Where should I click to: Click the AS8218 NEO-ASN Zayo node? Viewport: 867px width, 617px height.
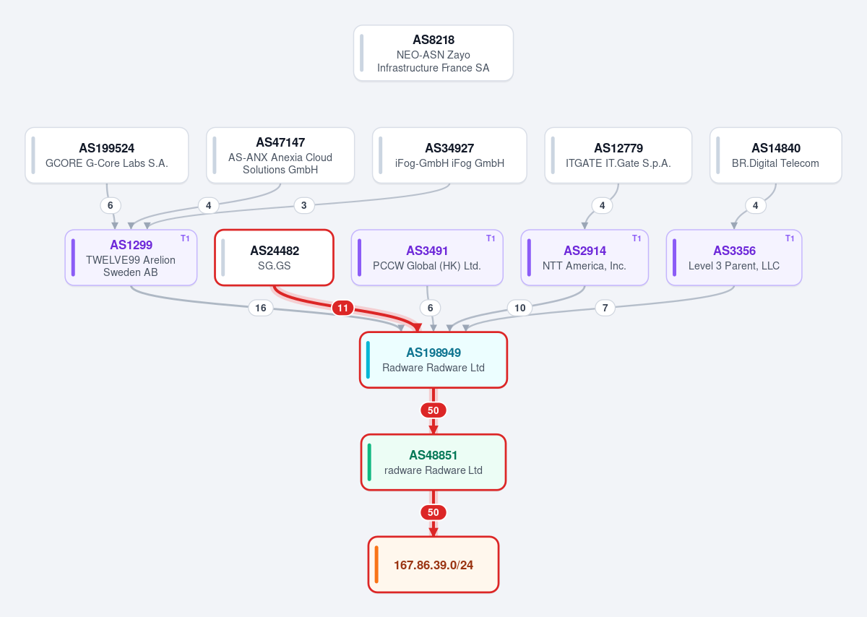tap(433, 53)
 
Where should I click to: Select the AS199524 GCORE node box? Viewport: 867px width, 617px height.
tap(107, 155)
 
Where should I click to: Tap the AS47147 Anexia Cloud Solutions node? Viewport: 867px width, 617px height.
tap(280, 155)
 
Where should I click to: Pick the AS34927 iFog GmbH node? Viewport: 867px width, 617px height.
tap(449, 155)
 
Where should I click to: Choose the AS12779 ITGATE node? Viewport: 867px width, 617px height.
tap(618, 155)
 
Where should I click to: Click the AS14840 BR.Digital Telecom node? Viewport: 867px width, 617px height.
tap(776, 155)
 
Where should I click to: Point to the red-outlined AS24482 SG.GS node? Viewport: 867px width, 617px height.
tap(274, 258)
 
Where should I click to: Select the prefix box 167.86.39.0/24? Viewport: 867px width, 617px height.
tap(433, 564)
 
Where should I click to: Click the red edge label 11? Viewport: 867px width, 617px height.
tap(342, 308)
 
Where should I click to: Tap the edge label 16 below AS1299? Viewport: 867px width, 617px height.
tap(261, 308)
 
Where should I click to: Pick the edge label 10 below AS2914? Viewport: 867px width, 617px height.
tap(519, 308)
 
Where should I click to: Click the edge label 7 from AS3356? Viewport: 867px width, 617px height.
tap(605, 308)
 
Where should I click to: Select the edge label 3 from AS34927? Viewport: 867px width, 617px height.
tap(304, 205)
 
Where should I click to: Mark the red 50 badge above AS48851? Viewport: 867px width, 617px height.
tap(433, 410)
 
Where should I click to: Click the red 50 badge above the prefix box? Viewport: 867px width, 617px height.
tap(433, 512)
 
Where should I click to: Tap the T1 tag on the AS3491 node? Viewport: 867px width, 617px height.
tap(491, 238)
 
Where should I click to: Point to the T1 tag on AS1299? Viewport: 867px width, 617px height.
tap(185, 238)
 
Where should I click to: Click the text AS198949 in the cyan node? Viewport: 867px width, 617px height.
tap(433, 353)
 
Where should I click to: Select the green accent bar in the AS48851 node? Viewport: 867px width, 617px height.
tap(369, 462)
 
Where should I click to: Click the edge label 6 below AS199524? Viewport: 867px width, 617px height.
tap(111, 205)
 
